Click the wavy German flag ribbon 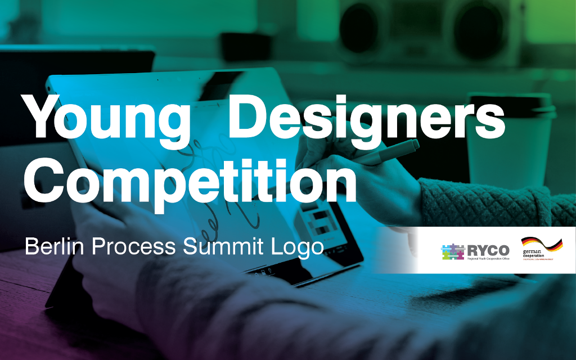coord(542,244)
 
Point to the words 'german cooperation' coord(535,254)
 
